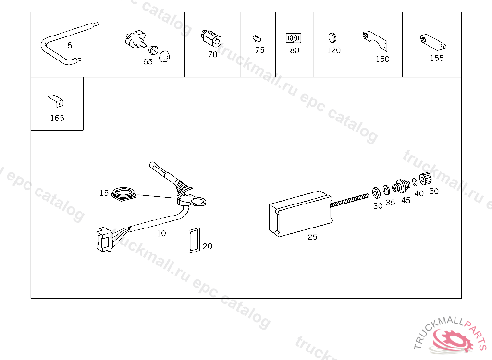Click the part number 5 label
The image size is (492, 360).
[x=70, y=45]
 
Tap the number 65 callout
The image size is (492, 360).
[x=148, y=61]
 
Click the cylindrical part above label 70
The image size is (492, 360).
[x=211, y=38]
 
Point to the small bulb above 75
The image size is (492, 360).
[x=257, y=38]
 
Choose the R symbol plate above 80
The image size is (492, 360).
[x=294, y=38]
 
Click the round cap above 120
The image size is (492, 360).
[x=332, y=37]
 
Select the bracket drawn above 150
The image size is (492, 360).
[x=375, y=40]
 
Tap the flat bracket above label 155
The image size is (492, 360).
[x=433, y=42]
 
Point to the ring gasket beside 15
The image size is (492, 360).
[x=124, y=193]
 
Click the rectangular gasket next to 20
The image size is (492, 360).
[x=194, y=240]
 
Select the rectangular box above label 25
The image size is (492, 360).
[x=300, y=213]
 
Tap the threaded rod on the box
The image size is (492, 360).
[x=350, y=200]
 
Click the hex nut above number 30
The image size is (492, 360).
[x=376, y=192]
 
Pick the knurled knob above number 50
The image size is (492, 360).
[x=426, y=179]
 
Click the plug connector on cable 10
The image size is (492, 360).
[x=104, y=240]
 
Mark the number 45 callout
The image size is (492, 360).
[x=406, y=200]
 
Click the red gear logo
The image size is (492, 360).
[x=452, y=341]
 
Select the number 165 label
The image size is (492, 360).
[x=57, y=118]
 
